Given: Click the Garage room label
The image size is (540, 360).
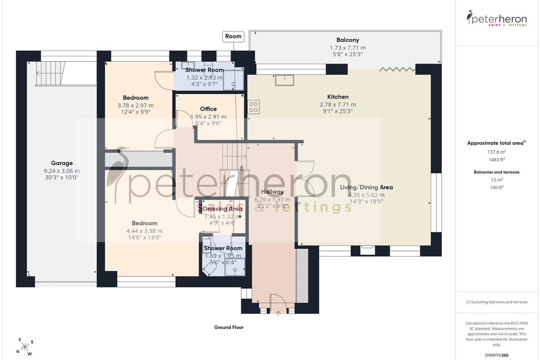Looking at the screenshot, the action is [62, 163].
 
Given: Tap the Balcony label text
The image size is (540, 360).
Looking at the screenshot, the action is [347, 40].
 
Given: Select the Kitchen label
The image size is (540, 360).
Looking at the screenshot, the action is [338, 97].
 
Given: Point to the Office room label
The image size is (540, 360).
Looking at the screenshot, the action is [208, 109].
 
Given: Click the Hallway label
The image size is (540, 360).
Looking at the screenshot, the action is [272, 192].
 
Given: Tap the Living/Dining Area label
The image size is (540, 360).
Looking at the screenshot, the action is [366, 187].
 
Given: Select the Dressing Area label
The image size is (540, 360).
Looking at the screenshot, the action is [222, 209].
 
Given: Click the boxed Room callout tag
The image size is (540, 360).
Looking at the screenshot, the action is [233, 36].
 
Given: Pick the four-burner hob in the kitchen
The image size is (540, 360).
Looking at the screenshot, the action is [253, 107].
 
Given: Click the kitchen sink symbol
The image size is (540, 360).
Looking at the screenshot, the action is [284, 80].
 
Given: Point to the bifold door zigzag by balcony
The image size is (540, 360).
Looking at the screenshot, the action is [397, 70].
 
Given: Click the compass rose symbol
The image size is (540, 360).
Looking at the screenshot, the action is [25, 347].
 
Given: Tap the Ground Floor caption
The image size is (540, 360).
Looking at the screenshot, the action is [229, 327].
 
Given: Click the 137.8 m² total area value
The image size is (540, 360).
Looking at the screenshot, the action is [497, 152].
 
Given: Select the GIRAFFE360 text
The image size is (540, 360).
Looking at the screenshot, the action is [496, 355].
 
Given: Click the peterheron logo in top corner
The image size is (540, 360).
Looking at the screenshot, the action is [496, 18].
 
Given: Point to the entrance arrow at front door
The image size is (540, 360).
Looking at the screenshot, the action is [278, 313].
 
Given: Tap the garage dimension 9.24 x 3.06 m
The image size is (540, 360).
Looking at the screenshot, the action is [62, 171].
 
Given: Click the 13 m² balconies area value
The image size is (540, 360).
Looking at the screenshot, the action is [497, 180].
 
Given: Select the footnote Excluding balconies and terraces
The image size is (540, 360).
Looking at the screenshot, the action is [496, 302].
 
